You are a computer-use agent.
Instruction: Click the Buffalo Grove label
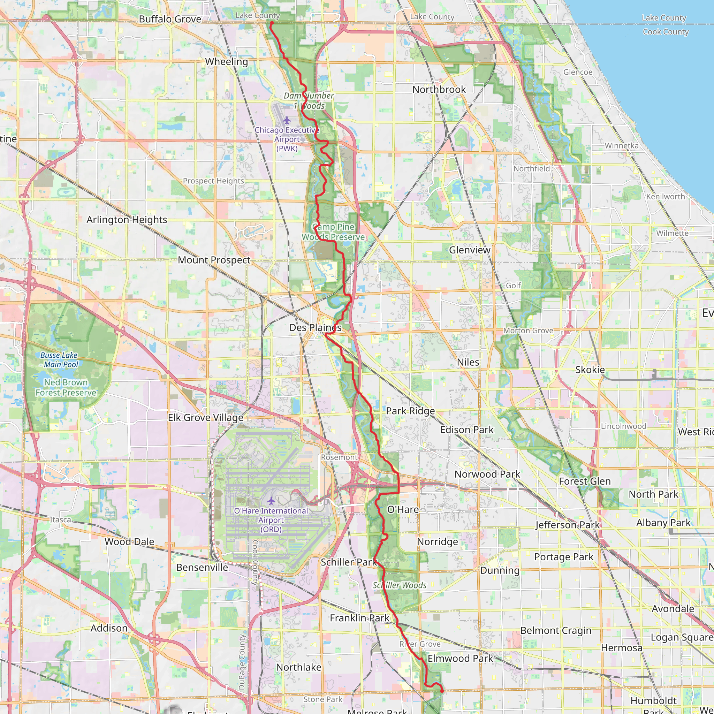[x=170, y=19]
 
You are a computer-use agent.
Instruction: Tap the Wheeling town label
[x=226, y=62]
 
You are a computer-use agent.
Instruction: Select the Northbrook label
[x=439, y=90]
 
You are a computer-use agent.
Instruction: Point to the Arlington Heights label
[x=127, y=220]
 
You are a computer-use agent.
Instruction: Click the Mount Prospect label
[x=214, y=260]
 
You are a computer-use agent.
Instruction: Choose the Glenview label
[x=469, y=250]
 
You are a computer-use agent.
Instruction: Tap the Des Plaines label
[x=315, y=328]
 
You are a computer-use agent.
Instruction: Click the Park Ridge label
[x=410, y=411]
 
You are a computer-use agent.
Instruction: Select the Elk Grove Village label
[x=205, y=418]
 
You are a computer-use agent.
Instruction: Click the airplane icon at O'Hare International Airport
[x=271, y=501]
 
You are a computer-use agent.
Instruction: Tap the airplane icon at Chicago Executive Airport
[x=287, y=120]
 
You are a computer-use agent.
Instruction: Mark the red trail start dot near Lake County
[x=271, y=23]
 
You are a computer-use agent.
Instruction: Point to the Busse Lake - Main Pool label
[x=59, y=359]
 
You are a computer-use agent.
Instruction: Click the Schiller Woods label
[x=399, y=585]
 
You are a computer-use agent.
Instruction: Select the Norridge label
[x=437, y=542]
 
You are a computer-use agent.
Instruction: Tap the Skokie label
[x=590, y=370]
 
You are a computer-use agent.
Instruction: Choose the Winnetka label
[x=622, y=146]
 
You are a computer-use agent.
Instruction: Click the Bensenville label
[x=202, y=568]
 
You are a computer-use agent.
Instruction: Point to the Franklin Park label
[x=359, y=618]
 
